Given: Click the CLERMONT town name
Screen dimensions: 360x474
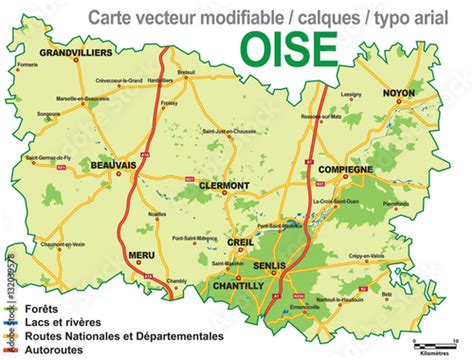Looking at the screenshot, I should [224, 186].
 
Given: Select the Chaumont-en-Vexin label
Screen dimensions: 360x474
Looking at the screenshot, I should [63, 243].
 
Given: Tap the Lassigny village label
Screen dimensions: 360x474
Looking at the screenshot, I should [351, 95].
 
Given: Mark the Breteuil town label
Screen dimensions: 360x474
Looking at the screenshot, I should [187, 73].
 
